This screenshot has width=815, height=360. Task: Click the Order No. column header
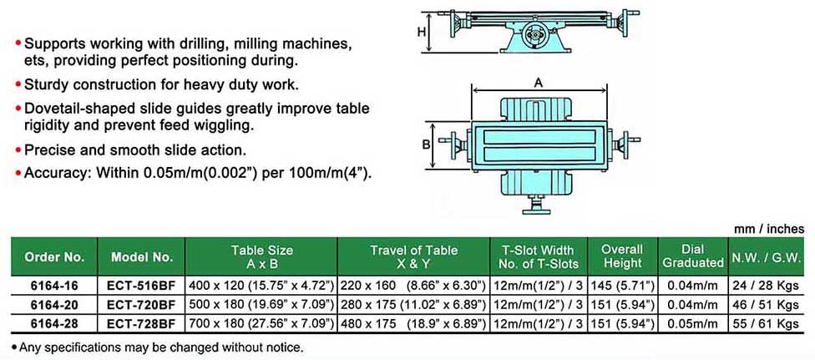click(54, 257)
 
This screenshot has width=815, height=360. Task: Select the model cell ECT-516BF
click(141, 286)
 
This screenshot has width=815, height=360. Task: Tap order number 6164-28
click(54, 323)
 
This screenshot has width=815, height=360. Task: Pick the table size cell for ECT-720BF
click(261, 304)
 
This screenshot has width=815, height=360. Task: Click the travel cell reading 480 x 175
click(413, 323)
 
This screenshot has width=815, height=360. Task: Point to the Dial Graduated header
click(693, 256)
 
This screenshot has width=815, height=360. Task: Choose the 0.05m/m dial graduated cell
click(693, 323)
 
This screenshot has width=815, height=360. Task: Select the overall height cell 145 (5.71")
click(623, 286)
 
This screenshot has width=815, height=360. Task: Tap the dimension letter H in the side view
click(422, 33)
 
